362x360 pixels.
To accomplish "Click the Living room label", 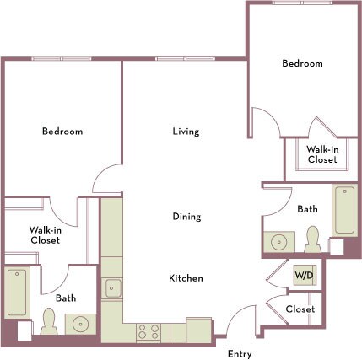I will point(186,132).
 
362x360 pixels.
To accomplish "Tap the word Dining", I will point(186,217).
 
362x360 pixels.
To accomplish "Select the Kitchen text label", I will point(186,278).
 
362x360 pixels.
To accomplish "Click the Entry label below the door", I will point(240,353).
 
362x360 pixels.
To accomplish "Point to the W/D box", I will point(303,276).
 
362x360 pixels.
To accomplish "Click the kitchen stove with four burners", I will point(149,331).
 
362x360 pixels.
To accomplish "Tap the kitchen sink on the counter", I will point(112,288).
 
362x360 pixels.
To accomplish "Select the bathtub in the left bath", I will point(17,291).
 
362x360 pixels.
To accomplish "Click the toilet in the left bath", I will point(49,321).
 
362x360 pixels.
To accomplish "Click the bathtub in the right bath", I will point(344,210).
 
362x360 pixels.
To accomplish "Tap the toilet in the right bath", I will point(312,239).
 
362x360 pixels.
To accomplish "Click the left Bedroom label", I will point(62,132).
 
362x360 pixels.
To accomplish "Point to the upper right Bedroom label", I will point(302,64).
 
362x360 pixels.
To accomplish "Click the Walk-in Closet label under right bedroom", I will point(322,153).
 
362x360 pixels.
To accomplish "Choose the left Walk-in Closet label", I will point(44,234).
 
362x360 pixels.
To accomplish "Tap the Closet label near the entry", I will point(300,309).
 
